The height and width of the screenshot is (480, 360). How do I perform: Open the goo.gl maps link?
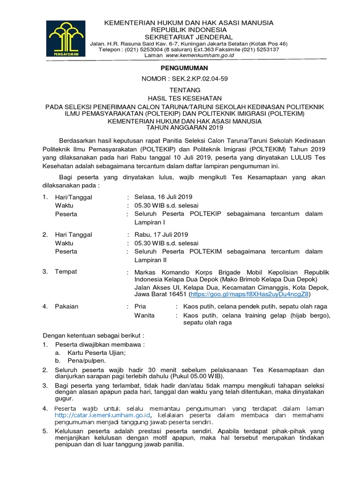pos(250,295)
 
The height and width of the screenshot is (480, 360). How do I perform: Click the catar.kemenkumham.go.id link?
pos(102,415)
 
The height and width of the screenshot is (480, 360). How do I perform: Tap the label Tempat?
pos(66,271)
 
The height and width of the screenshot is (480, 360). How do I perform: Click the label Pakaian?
pos(67,307)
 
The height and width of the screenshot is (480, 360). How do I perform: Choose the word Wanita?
pos(144,315)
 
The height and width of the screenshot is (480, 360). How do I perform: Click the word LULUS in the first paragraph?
pos(305,157)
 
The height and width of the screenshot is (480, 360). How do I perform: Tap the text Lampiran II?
pos(150,260)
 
